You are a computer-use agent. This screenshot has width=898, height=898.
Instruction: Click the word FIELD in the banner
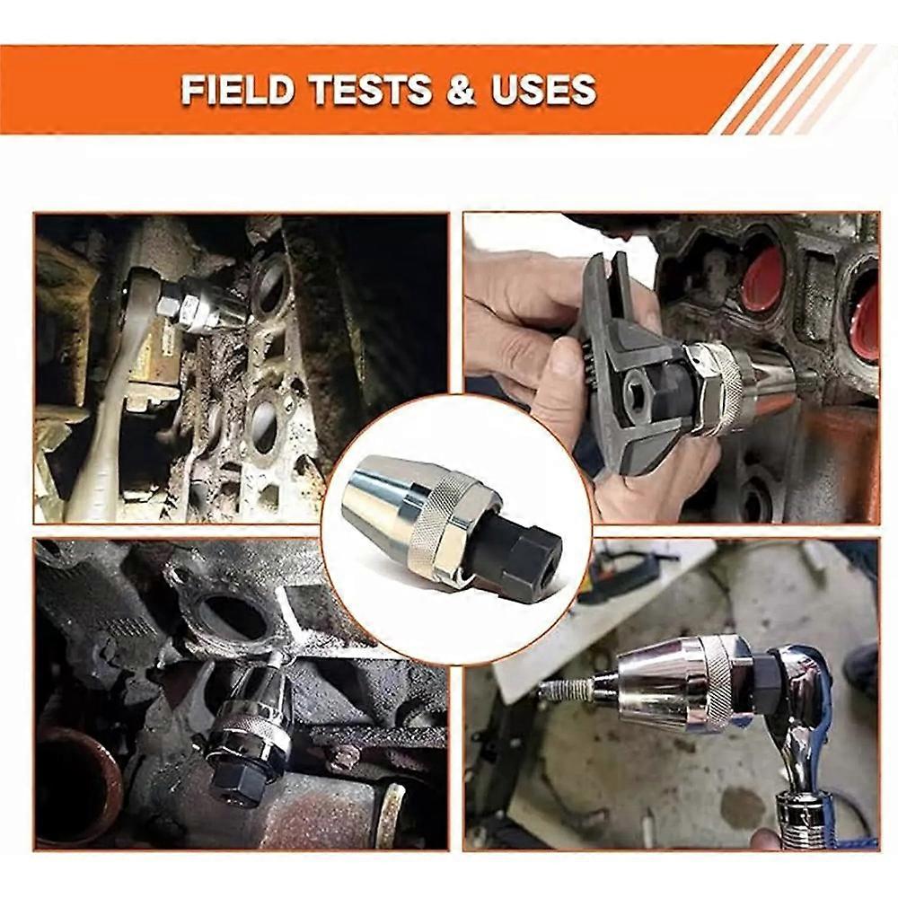(x=238, y=90)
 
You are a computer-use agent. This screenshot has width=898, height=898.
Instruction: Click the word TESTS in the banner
(x=371, y=90)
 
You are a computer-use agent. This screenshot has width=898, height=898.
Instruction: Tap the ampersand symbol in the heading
(x=461, y=91)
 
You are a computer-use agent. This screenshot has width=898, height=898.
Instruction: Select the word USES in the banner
(x=543, y=90)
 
